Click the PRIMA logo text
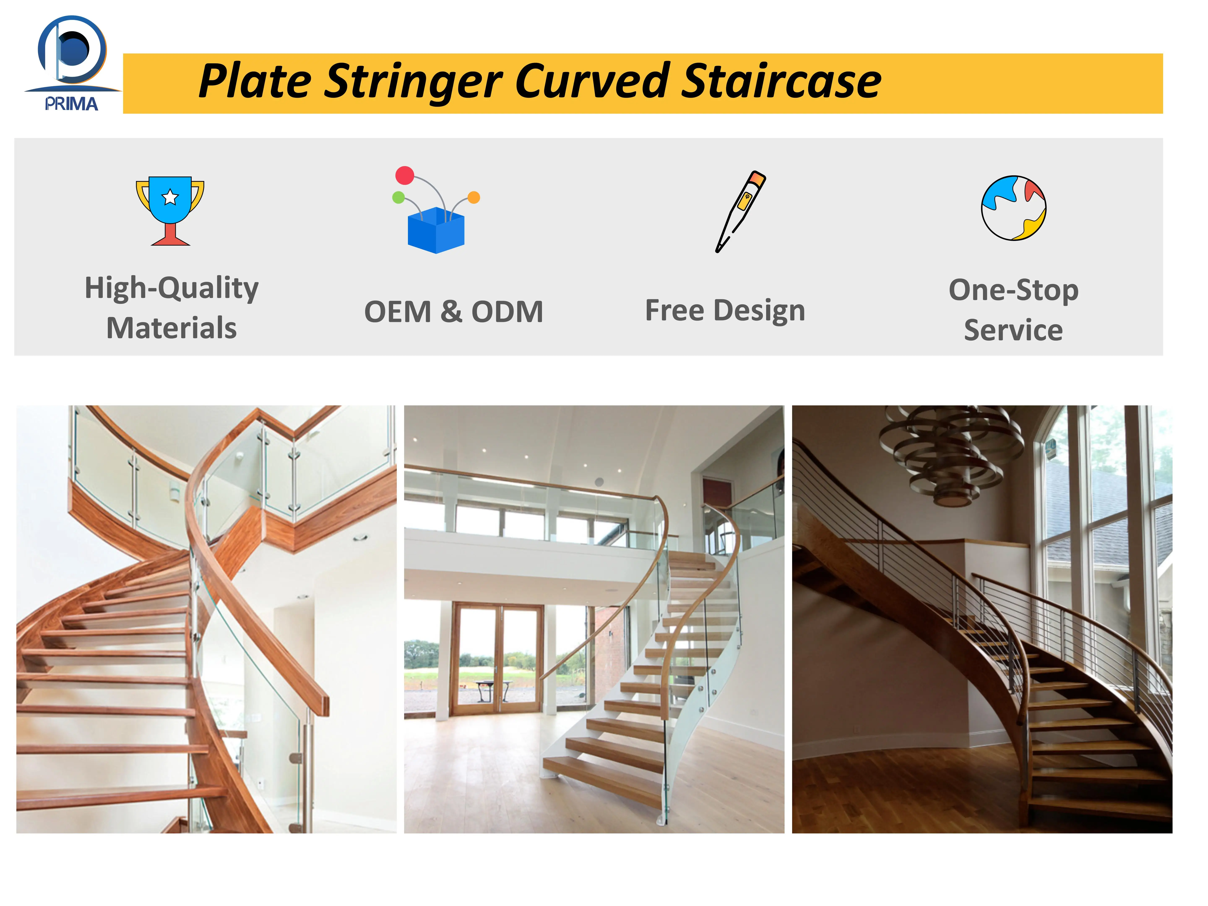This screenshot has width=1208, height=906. click(x=72, y=104)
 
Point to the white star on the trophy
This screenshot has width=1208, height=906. click(x=170, y=197)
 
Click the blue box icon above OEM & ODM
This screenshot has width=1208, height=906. click(x=436, y=230)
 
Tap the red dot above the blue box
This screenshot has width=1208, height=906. click(x=405, y=175)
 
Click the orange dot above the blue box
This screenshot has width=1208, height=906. click(x=474, y=197)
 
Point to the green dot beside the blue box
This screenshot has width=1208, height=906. click(x=399, y=197)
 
